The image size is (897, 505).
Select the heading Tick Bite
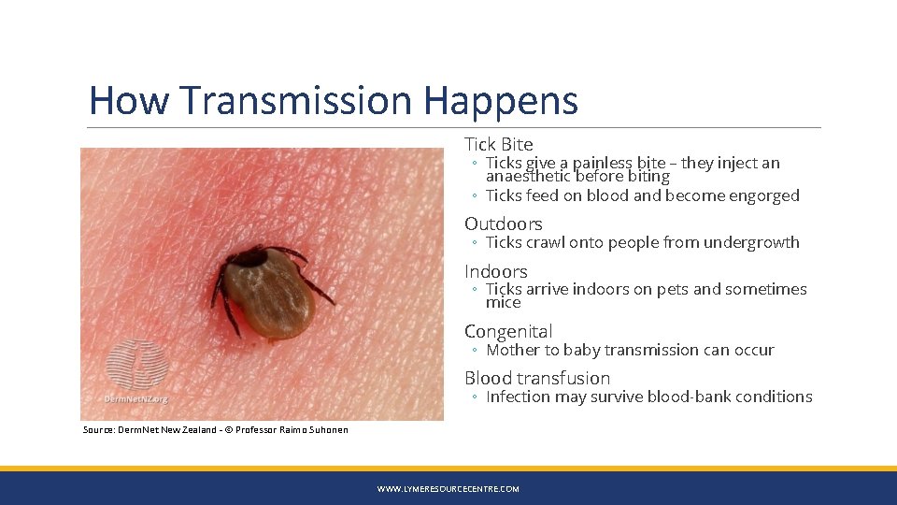499,144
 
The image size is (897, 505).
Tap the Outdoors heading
504,224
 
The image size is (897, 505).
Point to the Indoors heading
496,271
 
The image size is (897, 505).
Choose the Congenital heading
508,331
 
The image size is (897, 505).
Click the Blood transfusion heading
537,378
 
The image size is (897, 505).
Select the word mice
503,303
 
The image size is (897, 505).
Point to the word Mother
513,350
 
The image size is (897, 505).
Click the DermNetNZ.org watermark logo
135,373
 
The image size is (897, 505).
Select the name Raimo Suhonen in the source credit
314,430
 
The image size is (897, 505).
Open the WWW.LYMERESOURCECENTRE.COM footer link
448,489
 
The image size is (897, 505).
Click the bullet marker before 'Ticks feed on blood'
476,196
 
